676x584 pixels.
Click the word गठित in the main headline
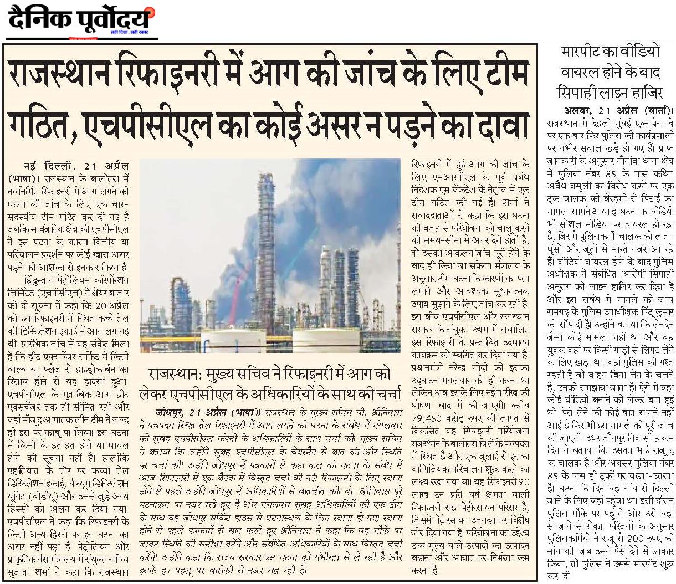point(38,124)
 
